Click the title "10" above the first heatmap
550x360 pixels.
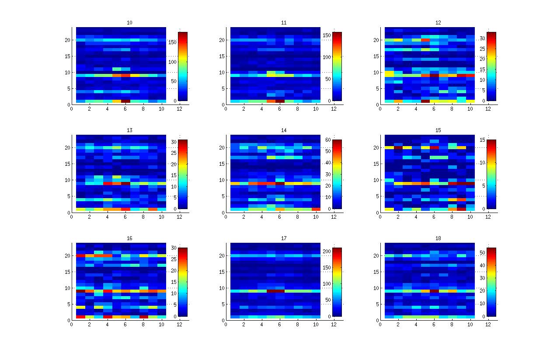click(x=129, y=22)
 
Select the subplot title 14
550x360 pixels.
click(x=284, y=130)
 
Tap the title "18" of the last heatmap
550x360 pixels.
click(x=438, y=238)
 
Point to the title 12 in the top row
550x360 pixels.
click(x=438, y=22)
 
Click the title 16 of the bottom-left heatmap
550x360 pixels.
click(x=129, y=238)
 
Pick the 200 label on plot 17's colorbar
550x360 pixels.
click(x=326, y=253)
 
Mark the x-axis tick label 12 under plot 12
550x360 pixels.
click(x=488, y=109)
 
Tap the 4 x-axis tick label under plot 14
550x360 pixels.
click(x=261, y=217)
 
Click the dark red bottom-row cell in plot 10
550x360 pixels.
click(x=125, y=101)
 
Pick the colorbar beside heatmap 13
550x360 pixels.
click(x=182, y=174)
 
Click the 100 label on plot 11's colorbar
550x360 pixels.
click(x=326, y=57)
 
